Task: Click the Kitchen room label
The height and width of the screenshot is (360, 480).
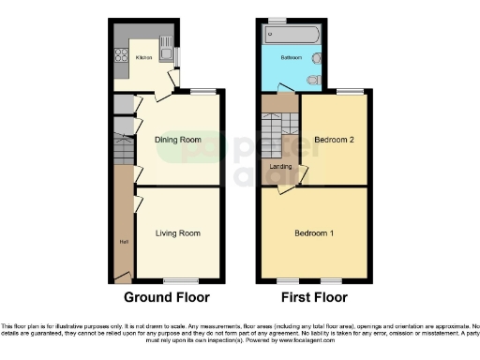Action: pyautogui.click(x=143, y=58)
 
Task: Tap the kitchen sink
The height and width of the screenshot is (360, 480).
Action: pyautogui.click(x=165, y=42)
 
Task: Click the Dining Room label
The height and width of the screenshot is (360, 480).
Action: pyautogui.click(x=178, y=140)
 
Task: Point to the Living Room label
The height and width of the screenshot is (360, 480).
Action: pyautogui.click(x=178, y=232)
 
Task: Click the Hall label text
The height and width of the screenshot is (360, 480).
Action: pyautogui.click(x=123, y=241)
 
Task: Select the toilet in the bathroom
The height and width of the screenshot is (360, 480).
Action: pyautogui.click(x=317, y=79)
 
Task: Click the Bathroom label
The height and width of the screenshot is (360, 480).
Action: pyautogui.click(x=292, y=57)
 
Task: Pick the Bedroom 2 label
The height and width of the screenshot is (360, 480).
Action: pyautogui.click(x=334, y=140)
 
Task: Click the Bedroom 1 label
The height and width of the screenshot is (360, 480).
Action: pyautogui.click(x=314, y=232)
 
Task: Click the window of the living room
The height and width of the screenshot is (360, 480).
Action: pyautogui.click(x=176, y=280)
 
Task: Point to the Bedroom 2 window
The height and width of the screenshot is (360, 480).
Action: pyautogui.click(x=350, y=92)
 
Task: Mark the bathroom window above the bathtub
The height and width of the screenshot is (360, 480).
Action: pyautogui.click(x=277, y=20)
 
